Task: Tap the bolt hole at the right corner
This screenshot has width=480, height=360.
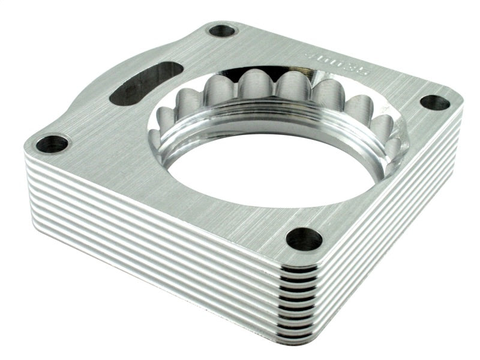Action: [434, 102]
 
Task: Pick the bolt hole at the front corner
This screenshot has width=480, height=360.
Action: [304, 239]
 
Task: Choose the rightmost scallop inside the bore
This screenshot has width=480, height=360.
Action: [383, 129]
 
